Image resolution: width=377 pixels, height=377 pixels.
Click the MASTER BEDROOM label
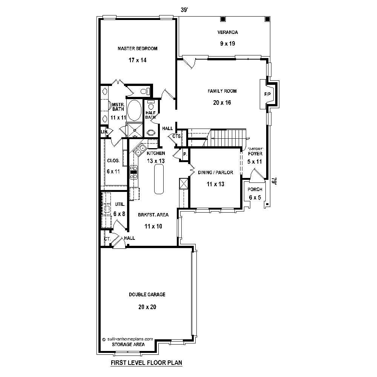(137, 49)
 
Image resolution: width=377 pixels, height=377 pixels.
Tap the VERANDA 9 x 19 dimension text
(227, 44)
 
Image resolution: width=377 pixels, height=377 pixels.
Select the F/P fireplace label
(267, 94)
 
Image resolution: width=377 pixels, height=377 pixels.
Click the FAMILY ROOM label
(222, 91)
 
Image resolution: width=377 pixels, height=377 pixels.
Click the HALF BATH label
(150, 115)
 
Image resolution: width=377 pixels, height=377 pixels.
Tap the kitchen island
(159, 179)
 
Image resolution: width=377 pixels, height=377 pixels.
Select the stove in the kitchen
(133, 172)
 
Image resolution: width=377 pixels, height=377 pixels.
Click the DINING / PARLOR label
(215, 173)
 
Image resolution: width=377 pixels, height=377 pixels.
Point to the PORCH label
(255, 190)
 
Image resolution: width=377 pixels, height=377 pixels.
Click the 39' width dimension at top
(184, 10)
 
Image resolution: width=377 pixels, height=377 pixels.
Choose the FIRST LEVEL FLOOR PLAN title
(146, 363)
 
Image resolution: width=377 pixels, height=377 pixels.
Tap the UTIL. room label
(119, 205)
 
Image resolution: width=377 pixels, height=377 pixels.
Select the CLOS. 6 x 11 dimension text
(113, 172)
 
